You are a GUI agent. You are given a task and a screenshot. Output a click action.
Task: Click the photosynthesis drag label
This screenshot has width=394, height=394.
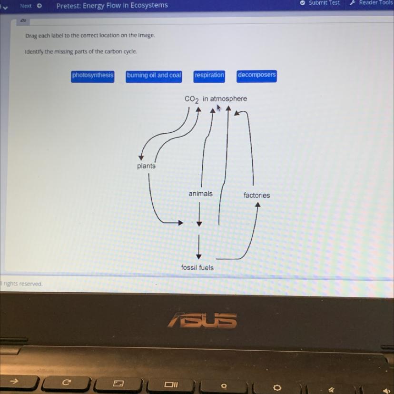tap(93, 76)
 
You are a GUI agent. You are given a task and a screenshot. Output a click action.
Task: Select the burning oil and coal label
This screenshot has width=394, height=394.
tap(154, 76)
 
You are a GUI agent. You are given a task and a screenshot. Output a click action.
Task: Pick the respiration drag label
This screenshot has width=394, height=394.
tap(209, 75)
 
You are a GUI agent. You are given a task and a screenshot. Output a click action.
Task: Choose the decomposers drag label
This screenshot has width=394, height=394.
tap(256, 75)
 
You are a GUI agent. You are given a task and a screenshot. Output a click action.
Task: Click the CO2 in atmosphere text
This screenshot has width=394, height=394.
tap(216, 99)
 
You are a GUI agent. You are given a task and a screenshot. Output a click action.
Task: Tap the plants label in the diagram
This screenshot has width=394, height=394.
tap(146, 166)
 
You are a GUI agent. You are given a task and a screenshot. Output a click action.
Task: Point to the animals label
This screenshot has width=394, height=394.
tap(200, 194)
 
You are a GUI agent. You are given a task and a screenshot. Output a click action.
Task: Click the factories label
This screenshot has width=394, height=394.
tap(256, 195)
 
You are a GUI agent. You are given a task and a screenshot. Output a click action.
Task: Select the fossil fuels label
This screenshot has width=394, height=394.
tap(197, 267)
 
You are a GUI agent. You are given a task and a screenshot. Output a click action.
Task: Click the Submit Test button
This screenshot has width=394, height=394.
tap(321, 3)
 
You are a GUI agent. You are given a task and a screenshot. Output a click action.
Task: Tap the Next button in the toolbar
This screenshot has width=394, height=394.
tap(30, 6)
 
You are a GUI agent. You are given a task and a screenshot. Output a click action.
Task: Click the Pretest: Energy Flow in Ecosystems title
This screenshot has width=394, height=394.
tap(112, 6)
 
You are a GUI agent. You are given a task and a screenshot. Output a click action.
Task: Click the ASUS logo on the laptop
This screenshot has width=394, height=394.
tap(202, 320)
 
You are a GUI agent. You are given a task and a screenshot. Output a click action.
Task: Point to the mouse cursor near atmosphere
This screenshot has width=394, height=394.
tap(218, 108)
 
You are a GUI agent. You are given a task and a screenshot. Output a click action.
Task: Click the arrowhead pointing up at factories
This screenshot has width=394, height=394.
tap(257, 205)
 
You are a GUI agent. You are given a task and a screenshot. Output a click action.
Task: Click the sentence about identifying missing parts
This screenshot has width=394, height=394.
tap(81, 51)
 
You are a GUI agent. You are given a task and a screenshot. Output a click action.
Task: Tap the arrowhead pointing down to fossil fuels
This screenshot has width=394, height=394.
tap(199, 256)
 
